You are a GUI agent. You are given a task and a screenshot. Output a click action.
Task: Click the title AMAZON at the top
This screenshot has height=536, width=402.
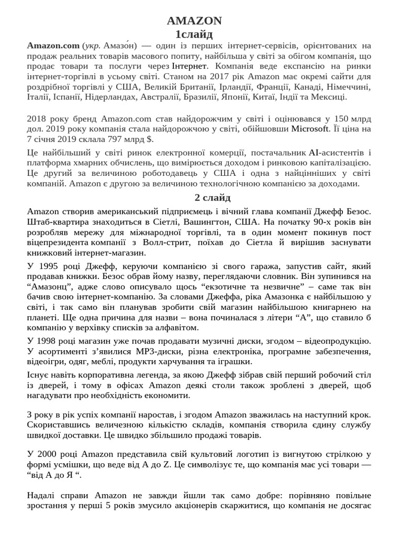(x=194, y=21)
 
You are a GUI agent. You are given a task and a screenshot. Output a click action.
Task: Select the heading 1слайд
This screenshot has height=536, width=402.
(x=194, y=35)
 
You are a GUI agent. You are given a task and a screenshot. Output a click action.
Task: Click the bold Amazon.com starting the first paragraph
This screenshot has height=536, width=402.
(x=53, y=46)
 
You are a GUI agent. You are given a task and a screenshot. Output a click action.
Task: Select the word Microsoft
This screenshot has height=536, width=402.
(x=310, y=129)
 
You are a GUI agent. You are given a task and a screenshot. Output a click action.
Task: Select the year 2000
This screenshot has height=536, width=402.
(x=47, y=453)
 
